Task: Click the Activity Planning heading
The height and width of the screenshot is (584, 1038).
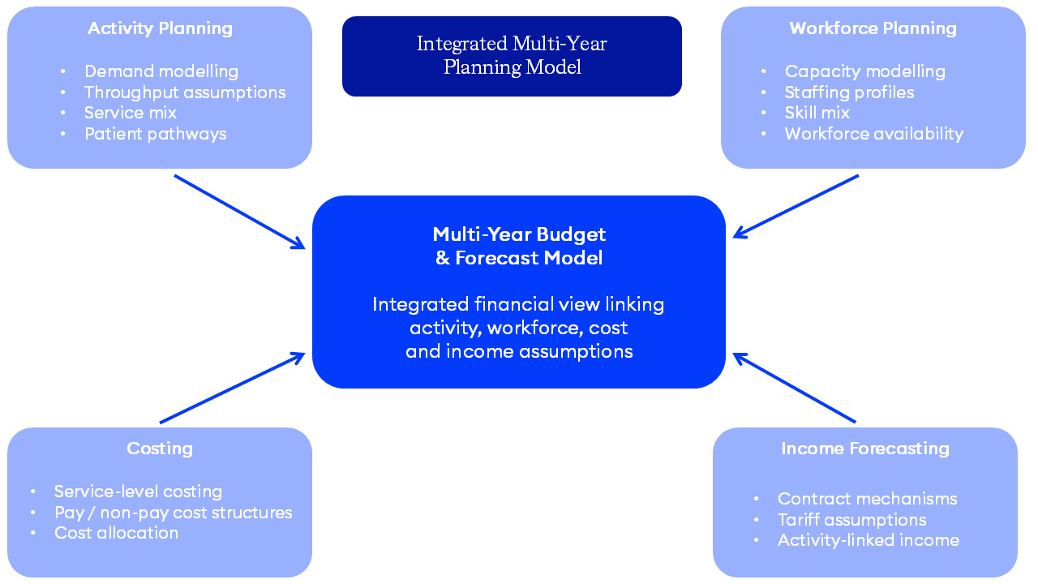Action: click(160, 28)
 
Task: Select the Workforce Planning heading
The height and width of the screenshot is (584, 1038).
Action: click(873, 28)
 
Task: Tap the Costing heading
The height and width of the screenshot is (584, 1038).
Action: click(160, 449)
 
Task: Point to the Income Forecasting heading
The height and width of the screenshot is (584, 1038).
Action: click(864, 449)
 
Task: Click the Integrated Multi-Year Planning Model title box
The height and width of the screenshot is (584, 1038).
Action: click(512, 56)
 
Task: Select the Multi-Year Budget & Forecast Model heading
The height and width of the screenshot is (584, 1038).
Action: click(519, 247)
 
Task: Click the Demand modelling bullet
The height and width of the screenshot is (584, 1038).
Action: click(161, 71)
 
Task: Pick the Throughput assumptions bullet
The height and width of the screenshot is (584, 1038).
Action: click(185, 92)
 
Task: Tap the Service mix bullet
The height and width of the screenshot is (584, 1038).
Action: click(131, 113)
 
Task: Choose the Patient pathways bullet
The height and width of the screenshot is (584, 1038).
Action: click(156, 134)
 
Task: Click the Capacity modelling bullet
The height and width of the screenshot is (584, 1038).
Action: click(864, 71)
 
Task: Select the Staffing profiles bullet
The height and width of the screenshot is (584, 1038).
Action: click(849, 92)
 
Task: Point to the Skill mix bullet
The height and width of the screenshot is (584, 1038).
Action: click(817, 113)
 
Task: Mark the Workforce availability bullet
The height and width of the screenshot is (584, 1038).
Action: click(873, 134)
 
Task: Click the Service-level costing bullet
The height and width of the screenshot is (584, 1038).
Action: click(138, 492)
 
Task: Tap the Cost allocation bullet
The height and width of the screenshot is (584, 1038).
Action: click(116, 533)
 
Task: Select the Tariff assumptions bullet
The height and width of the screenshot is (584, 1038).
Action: click(851, 520)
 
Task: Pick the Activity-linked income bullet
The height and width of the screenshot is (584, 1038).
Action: click(868, 540)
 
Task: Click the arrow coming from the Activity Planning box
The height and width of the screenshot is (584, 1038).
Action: click(239, 212)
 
